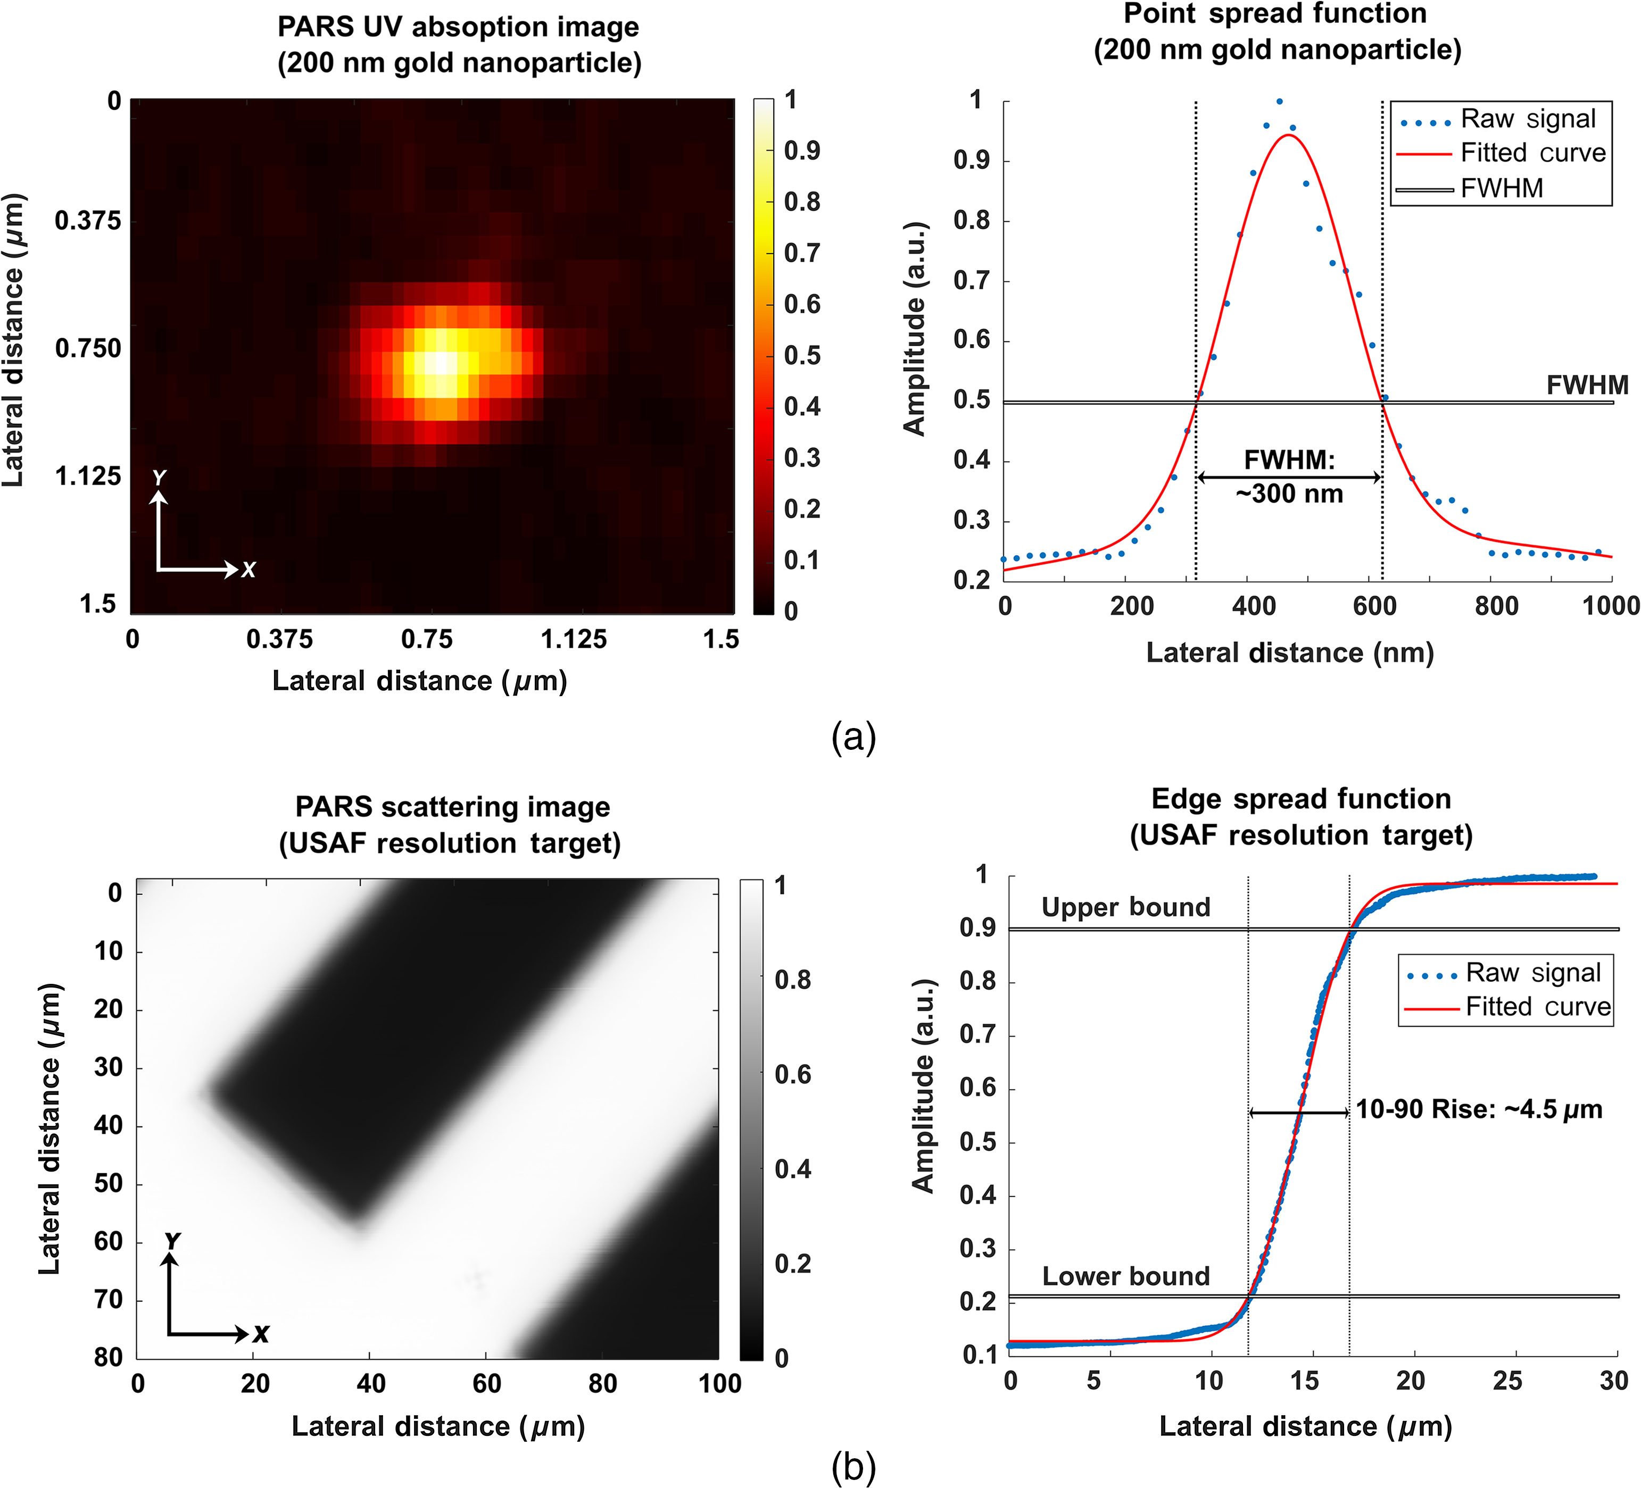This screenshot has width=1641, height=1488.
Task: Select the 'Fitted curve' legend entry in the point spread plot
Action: tap(1502, 153)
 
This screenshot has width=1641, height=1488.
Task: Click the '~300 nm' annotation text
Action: tap(1289, 493)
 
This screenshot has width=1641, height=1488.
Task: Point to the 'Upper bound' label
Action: tap(1126, 907)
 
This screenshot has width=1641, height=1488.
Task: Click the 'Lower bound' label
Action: tap(1126, 1276)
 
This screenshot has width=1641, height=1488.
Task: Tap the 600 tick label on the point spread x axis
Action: tap(1375, 606)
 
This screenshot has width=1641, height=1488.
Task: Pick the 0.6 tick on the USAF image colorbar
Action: tap(793, 1075)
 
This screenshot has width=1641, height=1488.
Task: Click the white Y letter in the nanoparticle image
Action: tap(160, 478)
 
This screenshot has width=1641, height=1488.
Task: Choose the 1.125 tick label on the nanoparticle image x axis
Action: tap(574, 639)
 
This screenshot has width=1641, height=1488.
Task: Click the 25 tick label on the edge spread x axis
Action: tap(1507, 1381)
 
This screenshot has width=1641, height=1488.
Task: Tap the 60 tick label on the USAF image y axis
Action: tap(108, 1241)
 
